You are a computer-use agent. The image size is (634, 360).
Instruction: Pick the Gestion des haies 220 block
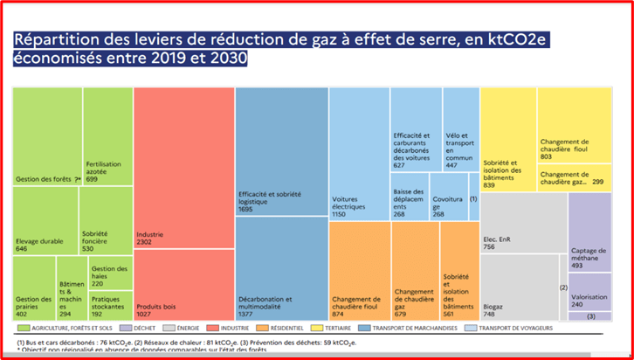tap(110, 275)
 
